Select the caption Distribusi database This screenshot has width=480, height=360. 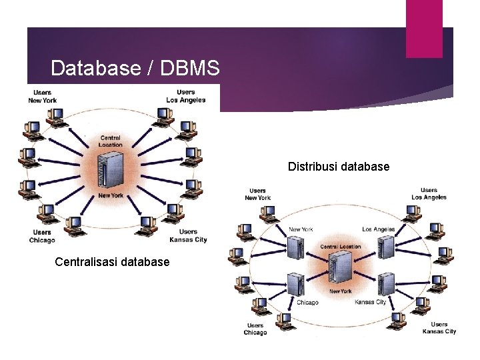[339, 167]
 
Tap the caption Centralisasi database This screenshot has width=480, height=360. [112, 262]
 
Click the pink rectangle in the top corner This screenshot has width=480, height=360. [424, 28]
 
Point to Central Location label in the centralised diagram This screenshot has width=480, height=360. [110, 141]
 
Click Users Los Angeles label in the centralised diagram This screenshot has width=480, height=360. [186, 96]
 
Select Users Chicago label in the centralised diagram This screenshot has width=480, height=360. [42, 236]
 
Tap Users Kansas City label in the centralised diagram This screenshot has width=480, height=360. [188, 236]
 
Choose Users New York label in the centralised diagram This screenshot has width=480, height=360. [42, 96]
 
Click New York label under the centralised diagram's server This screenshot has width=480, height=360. [110, 195]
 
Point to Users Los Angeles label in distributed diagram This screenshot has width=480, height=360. [429, 194]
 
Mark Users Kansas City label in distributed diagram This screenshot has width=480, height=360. [439, 328]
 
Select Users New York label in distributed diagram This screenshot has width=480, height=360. [257, 194]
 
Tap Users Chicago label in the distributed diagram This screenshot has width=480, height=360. [255, 329]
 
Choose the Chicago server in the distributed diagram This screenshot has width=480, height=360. [296, 285]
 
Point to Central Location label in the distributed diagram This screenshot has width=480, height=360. [340, 247]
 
